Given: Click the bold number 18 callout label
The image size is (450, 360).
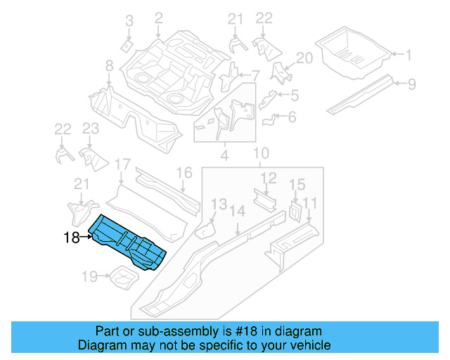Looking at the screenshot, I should tap(71, 238).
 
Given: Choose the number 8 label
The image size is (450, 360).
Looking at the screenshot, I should tap(109, 66).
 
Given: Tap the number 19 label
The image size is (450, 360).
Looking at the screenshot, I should tap(89, 277).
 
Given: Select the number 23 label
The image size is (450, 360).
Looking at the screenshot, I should tap(90, 128).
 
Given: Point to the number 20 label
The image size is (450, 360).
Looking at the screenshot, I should tap(304, 58).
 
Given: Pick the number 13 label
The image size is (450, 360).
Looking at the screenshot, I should tap(219, 203).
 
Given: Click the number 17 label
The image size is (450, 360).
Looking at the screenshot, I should tap(122, 165).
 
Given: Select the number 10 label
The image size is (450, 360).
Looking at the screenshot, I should tap(260, 153).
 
